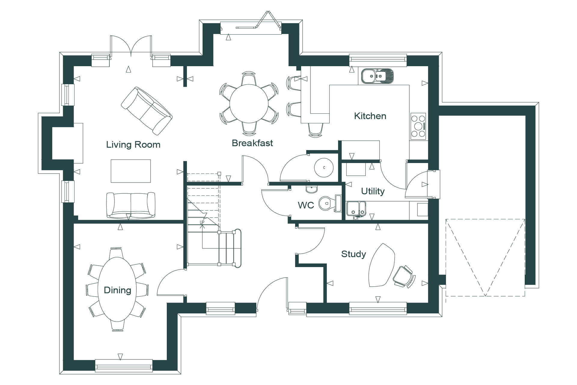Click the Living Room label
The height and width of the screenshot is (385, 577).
coord(133,145)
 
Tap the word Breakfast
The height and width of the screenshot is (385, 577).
coord(252,143)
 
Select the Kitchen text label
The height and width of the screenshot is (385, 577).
coord(370,116)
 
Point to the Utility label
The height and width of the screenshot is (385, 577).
coord(373,191)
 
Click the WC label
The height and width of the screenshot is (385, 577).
coord(306,205)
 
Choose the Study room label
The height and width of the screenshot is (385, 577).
coord(353,254)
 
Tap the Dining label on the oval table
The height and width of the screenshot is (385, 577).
coord(118,290)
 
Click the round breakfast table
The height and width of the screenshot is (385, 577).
coord(249,103)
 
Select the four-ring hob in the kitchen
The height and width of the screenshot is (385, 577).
coord(418,126)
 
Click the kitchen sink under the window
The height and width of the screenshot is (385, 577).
coord(377,76)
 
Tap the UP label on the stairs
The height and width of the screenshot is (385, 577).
coord(202,222)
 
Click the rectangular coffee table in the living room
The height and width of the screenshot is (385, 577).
coord(131,171)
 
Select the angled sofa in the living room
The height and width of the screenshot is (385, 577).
coord(147,111)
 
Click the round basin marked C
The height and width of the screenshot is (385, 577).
coord(324,168)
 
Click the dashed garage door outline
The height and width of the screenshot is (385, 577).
coord(485,257)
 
